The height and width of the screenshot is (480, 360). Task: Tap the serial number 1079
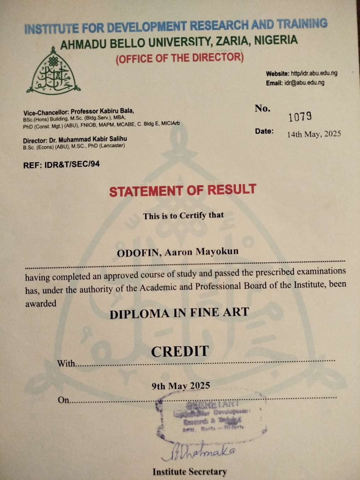pos(300,116)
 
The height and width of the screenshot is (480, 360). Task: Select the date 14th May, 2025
pos(314,134)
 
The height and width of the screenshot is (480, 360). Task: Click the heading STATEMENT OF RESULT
pos(182,190)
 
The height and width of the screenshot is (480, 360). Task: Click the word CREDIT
pos(180,352)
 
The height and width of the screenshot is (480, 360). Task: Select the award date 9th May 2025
pos(181,386)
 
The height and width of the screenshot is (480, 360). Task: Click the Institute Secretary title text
pos(190,472)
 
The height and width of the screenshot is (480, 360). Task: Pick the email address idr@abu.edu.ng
pos(304,83)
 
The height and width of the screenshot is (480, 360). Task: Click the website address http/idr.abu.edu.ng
pos(314,73)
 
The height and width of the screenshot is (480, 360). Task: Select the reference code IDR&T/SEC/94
pos(72,164)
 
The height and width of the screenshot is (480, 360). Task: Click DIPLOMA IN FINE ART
pos(179,313)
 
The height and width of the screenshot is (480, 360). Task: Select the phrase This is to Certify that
pos(183,216)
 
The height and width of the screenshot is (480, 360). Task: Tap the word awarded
pos(41,304)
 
